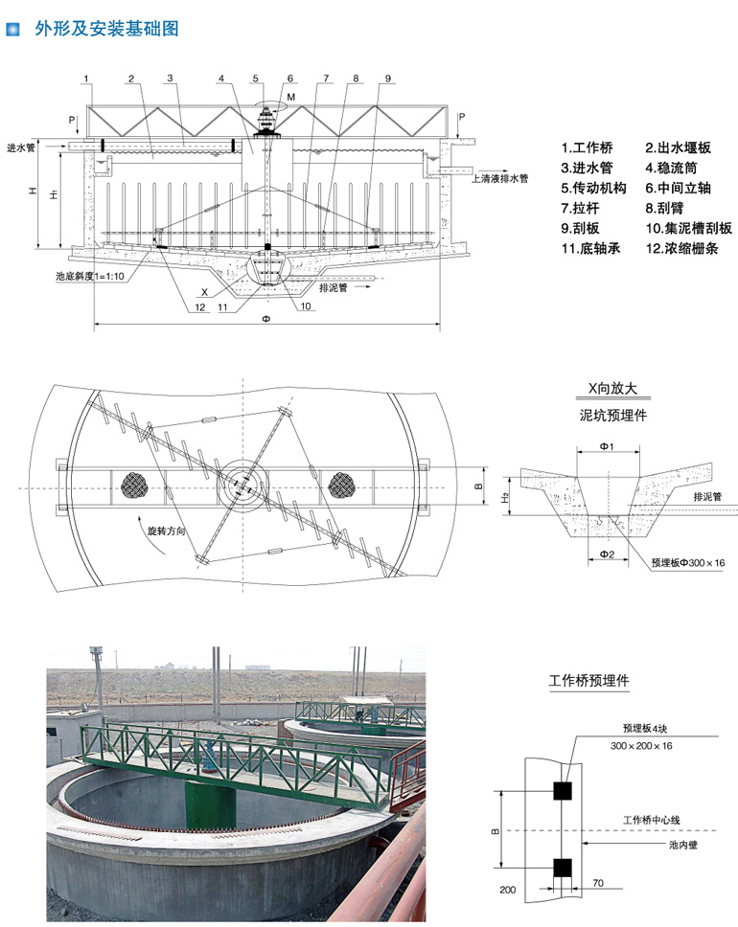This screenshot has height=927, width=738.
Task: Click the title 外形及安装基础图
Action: point(106,29)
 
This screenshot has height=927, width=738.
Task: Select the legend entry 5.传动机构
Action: point(593,189)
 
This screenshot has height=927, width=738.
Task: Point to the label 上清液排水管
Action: point(499,179)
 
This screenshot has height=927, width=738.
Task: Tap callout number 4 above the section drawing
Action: point(221,78)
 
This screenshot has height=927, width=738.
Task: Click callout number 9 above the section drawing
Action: point(388,78)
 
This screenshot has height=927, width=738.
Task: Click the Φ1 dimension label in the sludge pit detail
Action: point(607,448)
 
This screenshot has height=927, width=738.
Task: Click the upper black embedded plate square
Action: point(562,790)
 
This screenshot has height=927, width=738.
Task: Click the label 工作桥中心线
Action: point(651,821)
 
